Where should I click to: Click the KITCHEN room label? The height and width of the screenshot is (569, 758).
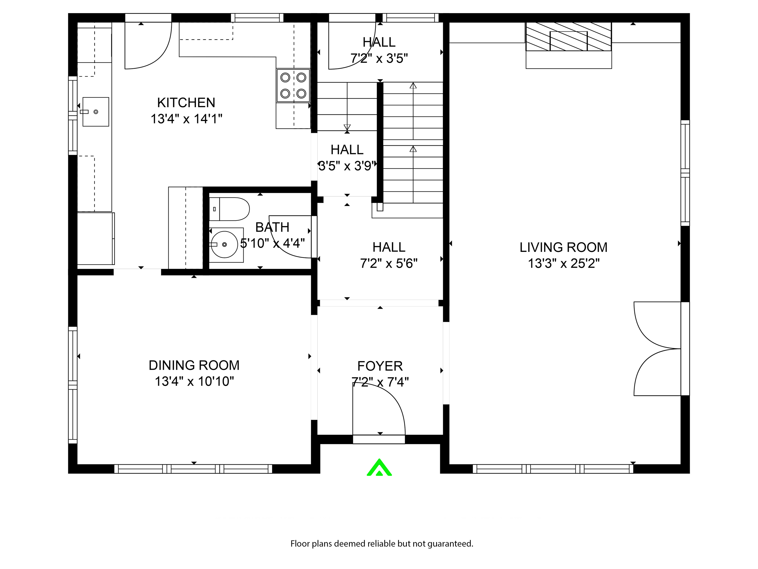point(186,102)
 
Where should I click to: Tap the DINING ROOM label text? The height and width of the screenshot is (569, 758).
point(194,365)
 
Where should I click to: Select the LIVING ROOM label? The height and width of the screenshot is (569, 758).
point(563,247)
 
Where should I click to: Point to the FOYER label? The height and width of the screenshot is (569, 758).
point(380,366)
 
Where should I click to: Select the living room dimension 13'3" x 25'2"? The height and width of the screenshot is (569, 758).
point(563,264)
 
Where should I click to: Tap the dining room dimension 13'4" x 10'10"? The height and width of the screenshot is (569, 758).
point(194,381)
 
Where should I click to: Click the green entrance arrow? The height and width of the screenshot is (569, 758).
point(379,467)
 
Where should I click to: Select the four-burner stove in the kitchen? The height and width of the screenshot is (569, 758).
point(293,86)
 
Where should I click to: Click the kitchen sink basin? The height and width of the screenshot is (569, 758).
point(95,112)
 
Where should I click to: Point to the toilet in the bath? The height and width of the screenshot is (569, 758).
point(229,209)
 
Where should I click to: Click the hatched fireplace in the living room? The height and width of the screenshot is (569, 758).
point(568,37)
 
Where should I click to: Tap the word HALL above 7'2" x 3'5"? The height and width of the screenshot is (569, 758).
point(379,42)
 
